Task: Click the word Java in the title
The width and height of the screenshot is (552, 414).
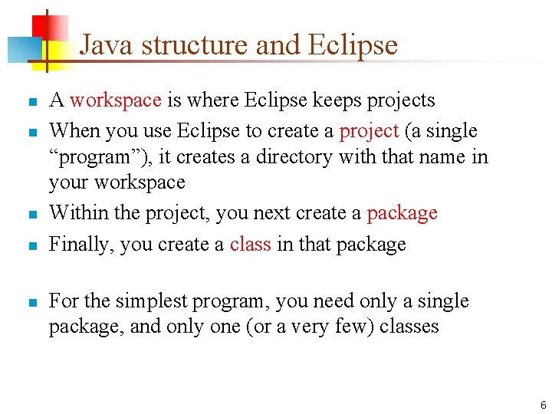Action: [107, 45]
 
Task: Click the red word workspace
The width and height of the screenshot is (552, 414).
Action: [115, 100]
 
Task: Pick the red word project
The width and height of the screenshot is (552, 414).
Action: [369, 131]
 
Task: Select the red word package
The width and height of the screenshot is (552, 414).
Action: [402, 213]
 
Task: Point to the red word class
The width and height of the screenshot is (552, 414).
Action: [250, 245]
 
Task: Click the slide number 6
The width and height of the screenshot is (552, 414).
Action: [543, 405]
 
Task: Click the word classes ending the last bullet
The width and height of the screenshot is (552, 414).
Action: [409, 327]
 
